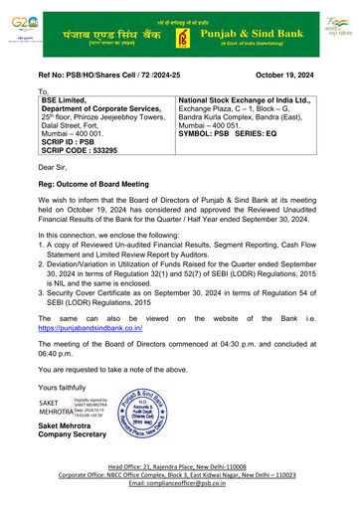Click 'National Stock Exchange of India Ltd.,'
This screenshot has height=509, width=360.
254,101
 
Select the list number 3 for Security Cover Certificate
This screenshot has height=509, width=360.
44,297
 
